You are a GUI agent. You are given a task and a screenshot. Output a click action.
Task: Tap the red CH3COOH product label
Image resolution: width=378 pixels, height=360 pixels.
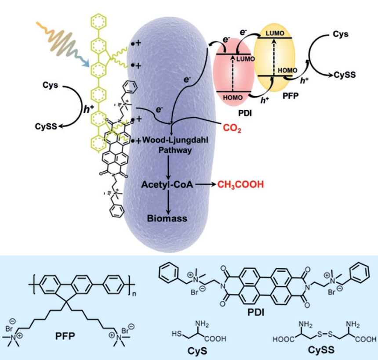[x=240, y=185]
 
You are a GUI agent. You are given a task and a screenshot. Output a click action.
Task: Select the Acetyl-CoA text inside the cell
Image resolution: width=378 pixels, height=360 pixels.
[x=167, y=185]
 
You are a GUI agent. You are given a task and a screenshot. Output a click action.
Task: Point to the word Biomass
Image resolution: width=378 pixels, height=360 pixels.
[x=167, y=218]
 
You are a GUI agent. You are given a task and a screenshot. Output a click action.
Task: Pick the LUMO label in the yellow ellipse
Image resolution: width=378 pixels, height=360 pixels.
[x=275, y=33]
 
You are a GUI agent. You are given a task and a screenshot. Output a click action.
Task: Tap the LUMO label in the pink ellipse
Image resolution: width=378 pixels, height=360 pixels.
[x=245, y=58]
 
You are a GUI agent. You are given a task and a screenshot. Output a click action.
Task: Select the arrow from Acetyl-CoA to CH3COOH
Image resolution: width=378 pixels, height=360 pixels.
[x=205, y=185]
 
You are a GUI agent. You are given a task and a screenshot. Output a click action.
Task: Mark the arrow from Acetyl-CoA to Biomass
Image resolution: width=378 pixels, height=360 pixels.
[x=167, y=202]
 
